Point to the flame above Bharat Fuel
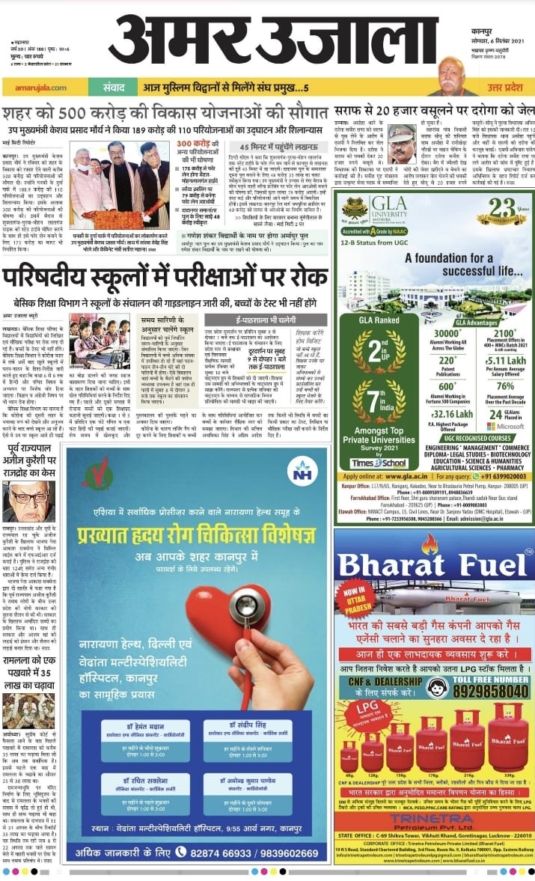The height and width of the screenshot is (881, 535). point(429,543)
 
